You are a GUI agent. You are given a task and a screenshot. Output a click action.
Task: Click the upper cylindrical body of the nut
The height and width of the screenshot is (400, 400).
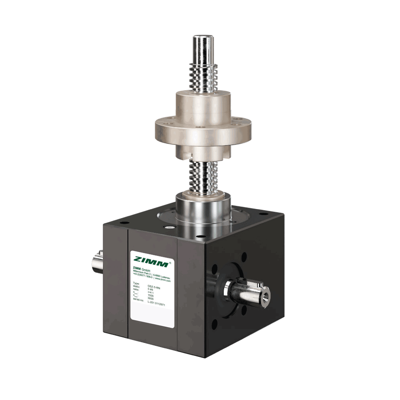[x=203, y=101]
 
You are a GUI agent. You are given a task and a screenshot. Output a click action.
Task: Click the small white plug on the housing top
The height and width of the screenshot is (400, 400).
[x=169, y=227]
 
